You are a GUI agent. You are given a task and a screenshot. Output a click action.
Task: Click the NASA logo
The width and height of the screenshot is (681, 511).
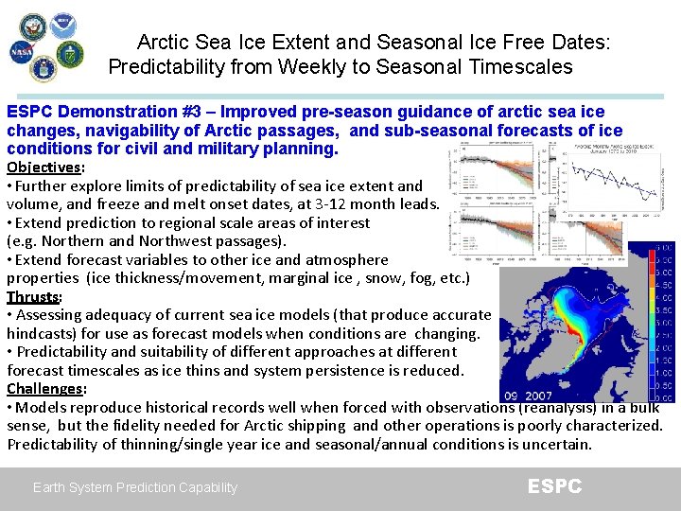22,53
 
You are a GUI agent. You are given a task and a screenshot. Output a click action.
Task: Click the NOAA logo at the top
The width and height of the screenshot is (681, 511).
64,26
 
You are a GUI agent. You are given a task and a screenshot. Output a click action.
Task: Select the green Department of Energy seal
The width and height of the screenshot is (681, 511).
71,54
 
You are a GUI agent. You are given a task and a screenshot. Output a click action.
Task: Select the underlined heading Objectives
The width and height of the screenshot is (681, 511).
44,167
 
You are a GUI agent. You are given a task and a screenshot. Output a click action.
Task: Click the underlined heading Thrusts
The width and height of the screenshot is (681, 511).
32,296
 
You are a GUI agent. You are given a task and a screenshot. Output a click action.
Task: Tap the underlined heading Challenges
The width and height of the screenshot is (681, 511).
45,389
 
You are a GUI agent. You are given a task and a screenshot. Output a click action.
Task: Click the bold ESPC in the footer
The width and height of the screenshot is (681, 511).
554,486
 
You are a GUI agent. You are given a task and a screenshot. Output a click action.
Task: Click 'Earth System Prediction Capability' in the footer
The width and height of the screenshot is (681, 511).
135,487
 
